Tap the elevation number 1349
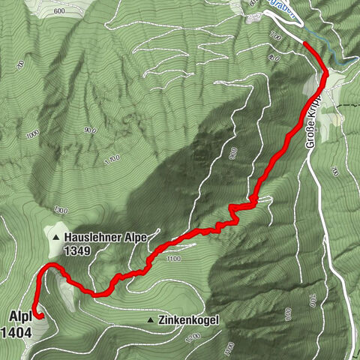coord(78,252)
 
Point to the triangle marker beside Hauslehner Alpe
coord(56,238)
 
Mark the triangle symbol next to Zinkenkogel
coord(151,320)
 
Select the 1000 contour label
coord(31,136)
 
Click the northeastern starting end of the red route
coord(304,43)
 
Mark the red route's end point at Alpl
coord(38,316)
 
